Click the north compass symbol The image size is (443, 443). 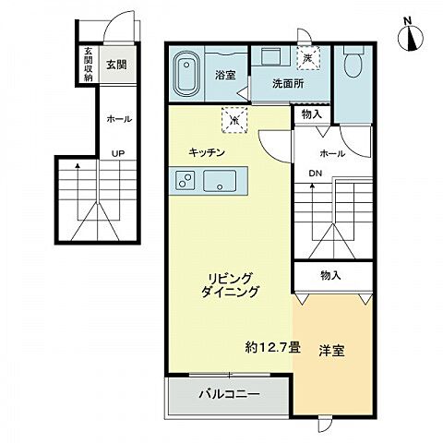(410, 36)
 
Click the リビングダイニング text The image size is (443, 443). (229, 282)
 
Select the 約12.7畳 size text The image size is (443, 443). (272, 348)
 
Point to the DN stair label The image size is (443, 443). (314, 174)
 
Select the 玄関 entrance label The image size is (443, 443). (115, 65)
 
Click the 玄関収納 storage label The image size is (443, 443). (89, 64)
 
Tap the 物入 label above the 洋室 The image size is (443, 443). (330, 274)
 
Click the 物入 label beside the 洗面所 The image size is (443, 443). (311, 114)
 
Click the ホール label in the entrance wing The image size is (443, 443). (119, 119)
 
